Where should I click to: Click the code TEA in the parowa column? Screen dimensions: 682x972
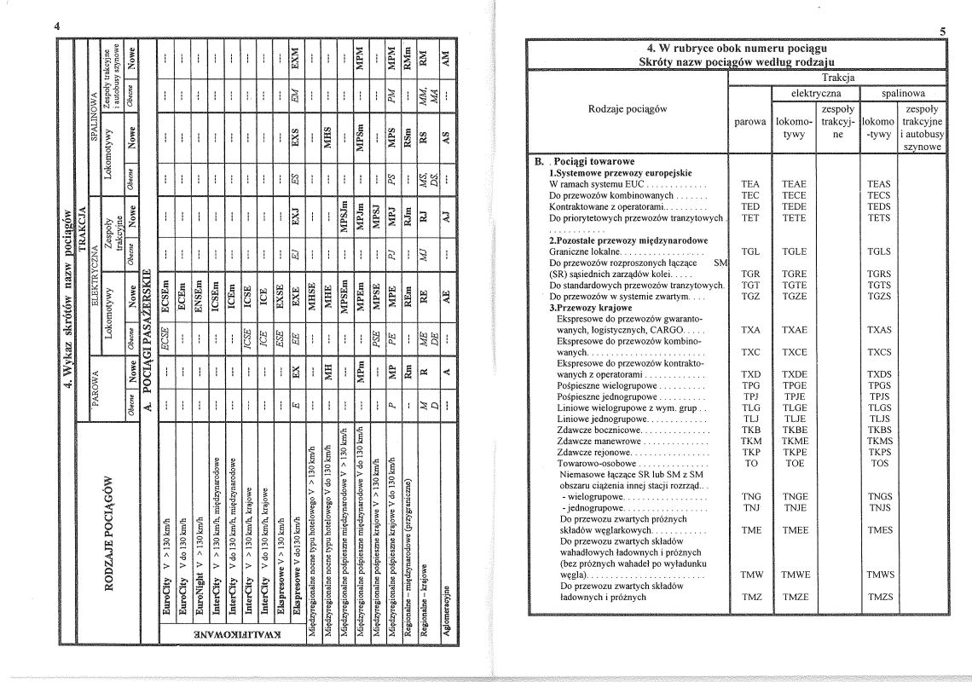(751, 183)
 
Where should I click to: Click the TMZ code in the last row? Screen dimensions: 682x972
(751, 597)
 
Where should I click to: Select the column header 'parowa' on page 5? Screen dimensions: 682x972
(751, 122)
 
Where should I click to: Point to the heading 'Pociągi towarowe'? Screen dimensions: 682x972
(598, 161)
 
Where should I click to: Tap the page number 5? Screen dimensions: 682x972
(942, 32)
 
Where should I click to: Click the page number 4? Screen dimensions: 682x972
(56, 26)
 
